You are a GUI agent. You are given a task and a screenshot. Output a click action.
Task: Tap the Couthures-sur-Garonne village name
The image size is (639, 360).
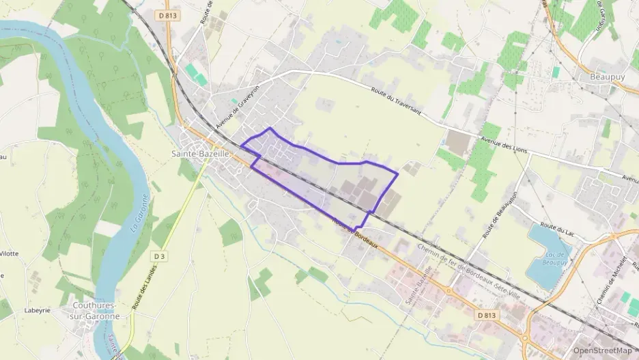[x=95, y=311]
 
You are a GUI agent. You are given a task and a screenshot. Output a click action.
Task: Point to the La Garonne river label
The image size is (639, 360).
[x=139, y=214]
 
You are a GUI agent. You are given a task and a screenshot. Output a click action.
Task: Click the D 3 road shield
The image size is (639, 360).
[x=159, y=256]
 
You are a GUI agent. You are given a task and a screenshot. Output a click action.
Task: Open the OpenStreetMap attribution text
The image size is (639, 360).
[x=603, y=350]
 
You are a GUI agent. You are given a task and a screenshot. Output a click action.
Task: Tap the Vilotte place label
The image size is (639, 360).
[x=9, y=253]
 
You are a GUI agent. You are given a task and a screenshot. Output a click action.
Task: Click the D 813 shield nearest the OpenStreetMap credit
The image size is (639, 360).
[x=486, y=315]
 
